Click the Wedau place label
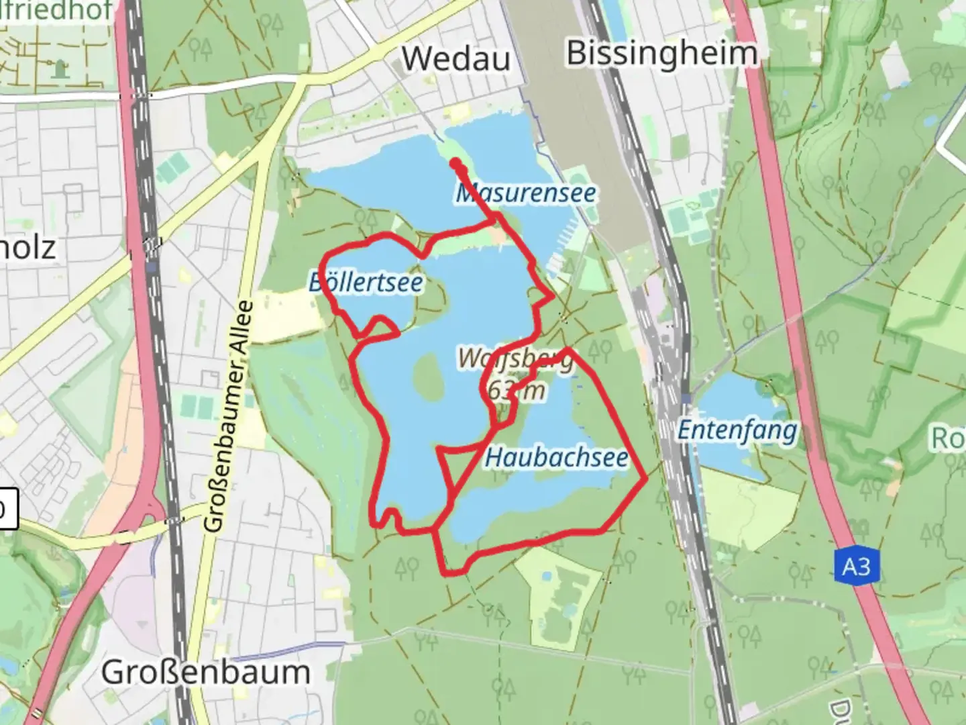[x=455, y=59]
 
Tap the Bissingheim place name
[x=662, y=54]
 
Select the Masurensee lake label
[x=525, y=193]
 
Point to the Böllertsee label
[x=366, y=282]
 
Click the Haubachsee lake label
[x=556, y=458]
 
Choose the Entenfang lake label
[x=737, y=430]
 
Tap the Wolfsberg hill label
[x=517, y=359]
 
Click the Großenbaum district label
[x=205, y=672]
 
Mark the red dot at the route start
[x=455, y=163]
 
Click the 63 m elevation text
[x=517, y=389]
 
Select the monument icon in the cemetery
[x=61, y=67]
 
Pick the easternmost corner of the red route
[x=645, y=479]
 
